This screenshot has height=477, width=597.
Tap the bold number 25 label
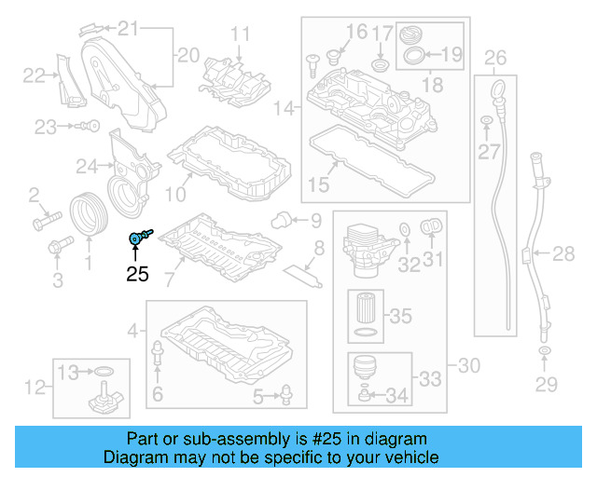(x=138, y=274)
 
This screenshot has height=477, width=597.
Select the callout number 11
(x=242, y=34)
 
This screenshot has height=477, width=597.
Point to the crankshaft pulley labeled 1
(x=90, y=211)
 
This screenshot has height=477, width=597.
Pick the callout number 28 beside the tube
(x=563, y=252)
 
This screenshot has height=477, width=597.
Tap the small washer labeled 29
(x=542, y=352)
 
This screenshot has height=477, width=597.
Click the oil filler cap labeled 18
(x=412, y=34)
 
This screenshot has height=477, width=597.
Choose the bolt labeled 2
(x=43, y=224)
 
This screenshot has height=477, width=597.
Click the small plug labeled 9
(x=278, y=220)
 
